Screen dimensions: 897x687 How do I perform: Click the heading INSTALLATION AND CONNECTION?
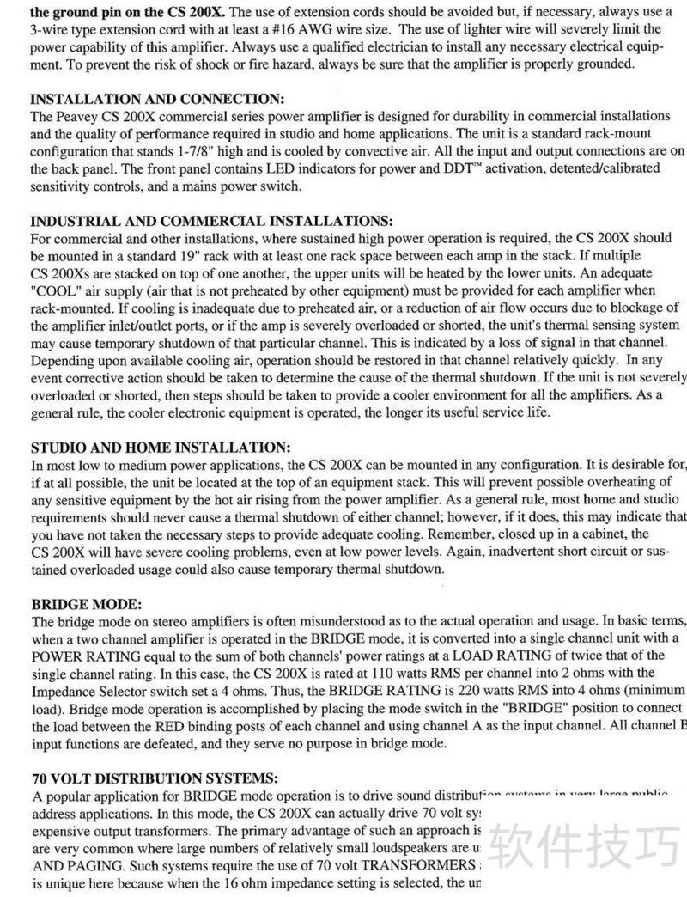coord(157,99)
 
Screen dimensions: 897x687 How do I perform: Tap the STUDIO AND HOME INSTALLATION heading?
coord(161,448)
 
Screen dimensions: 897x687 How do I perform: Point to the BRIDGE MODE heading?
coord(86,604)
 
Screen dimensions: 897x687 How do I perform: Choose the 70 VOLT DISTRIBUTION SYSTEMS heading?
coord(155,779)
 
